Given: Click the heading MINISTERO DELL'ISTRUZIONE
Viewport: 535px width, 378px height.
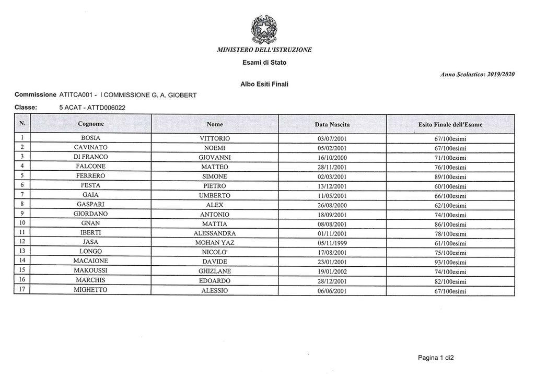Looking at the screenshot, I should (x=264, y=50).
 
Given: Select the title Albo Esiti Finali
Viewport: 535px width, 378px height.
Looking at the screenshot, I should (x=264, y=84).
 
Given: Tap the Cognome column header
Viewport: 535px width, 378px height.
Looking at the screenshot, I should (x=91, y=124).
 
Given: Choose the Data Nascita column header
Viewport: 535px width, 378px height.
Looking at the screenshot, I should (x=332, y=125).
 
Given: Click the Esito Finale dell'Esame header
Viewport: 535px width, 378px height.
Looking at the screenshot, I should (x=450, y=125).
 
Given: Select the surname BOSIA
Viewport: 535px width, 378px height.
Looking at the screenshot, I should (x=91, y=138).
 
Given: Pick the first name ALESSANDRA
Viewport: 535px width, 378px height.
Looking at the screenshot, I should (x=215, y=233).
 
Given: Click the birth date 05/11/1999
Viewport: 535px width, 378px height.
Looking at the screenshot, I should (x=332, y=243).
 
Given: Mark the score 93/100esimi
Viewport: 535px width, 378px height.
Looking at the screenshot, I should (x=450, y=262).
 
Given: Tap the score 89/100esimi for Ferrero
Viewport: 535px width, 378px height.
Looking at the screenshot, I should (x=450, y=176).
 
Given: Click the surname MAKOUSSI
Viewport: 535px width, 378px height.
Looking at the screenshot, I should (x=91, y=271).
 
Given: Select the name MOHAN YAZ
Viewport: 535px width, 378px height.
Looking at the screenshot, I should (x=215, y=243).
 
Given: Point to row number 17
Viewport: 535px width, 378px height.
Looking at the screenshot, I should (x=22, y=290).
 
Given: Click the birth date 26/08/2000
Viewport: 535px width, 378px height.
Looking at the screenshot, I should (x=332, y=205).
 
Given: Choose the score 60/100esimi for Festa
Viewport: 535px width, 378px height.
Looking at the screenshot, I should (x=450, y=186).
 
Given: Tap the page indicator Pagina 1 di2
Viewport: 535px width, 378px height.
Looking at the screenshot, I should (x=436, y=358).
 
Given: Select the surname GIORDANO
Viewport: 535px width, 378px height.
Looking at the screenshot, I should (x=91, y=214).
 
